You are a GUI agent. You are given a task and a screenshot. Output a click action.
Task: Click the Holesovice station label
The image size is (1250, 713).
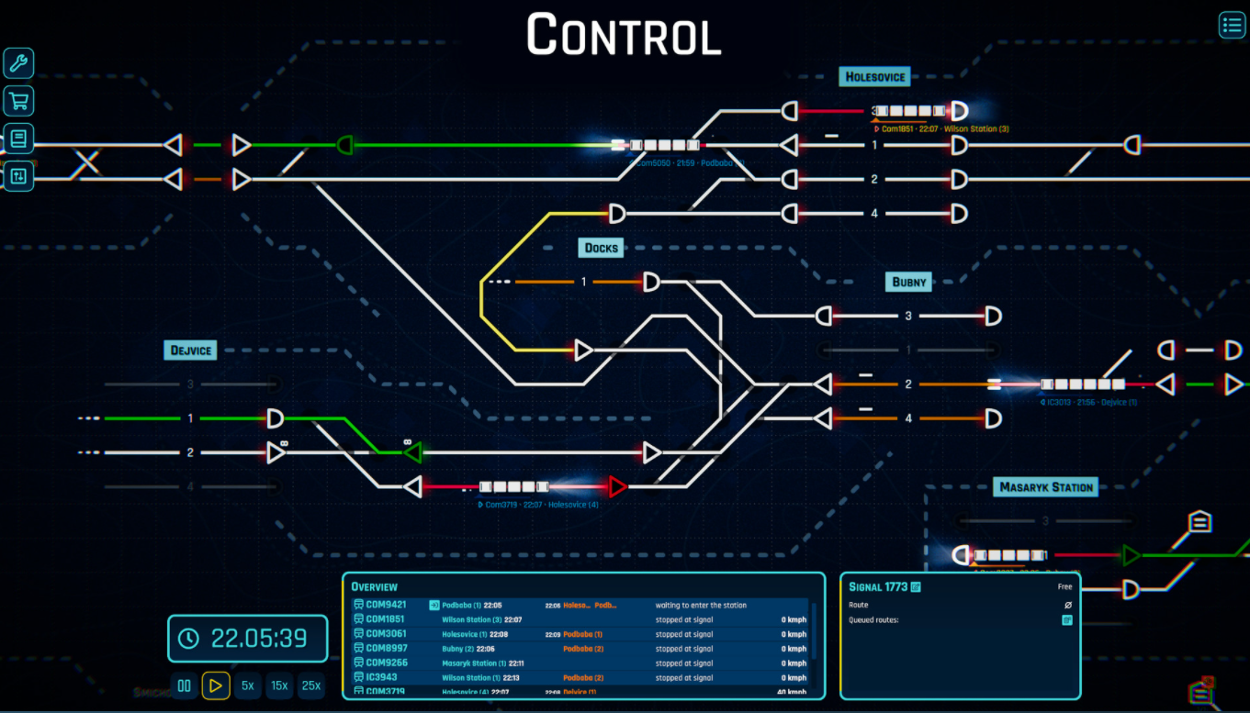pos(875,77)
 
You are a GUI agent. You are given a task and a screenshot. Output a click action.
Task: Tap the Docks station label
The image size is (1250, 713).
pos(602,248)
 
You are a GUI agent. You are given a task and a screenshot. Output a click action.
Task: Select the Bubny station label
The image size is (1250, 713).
pos(909,282)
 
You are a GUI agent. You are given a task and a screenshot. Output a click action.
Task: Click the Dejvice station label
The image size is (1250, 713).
pos(191,350)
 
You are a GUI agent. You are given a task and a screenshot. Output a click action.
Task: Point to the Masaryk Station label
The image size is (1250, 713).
pos(1046,487)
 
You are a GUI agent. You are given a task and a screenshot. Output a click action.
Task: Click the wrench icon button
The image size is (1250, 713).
pos(18,63)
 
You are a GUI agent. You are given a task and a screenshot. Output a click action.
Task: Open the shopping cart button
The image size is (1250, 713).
pos(18,100)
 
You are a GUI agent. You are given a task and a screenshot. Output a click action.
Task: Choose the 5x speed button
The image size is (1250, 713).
pos(248,685)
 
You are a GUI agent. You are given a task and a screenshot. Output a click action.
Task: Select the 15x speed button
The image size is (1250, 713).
pos(279,685)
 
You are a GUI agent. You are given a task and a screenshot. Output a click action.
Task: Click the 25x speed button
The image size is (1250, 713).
pos(311,685)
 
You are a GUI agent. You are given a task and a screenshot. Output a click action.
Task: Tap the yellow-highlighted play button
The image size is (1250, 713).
pos(216,685)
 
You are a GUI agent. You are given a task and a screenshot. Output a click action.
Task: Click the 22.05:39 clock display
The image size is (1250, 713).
pos(248,639)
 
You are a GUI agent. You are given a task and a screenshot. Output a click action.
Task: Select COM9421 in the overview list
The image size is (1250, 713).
pos(386,605)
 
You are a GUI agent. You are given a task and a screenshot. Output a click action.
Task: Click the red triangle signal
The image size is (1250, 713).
pos(617,486)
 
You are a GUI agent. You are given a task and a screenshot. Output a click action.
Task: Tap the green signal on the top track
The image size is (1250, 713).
pos(345,144)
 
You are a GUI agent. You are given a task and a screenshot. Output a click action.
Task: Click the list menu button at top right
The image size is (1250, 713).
pos(1231,25)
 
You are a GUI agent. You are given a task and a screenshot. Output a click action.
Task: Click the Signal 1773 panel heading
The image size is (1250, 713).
pos(878,586)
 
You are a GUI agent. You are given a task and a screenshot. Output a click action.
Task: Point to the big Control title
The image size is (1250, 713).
pos(624,36)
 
